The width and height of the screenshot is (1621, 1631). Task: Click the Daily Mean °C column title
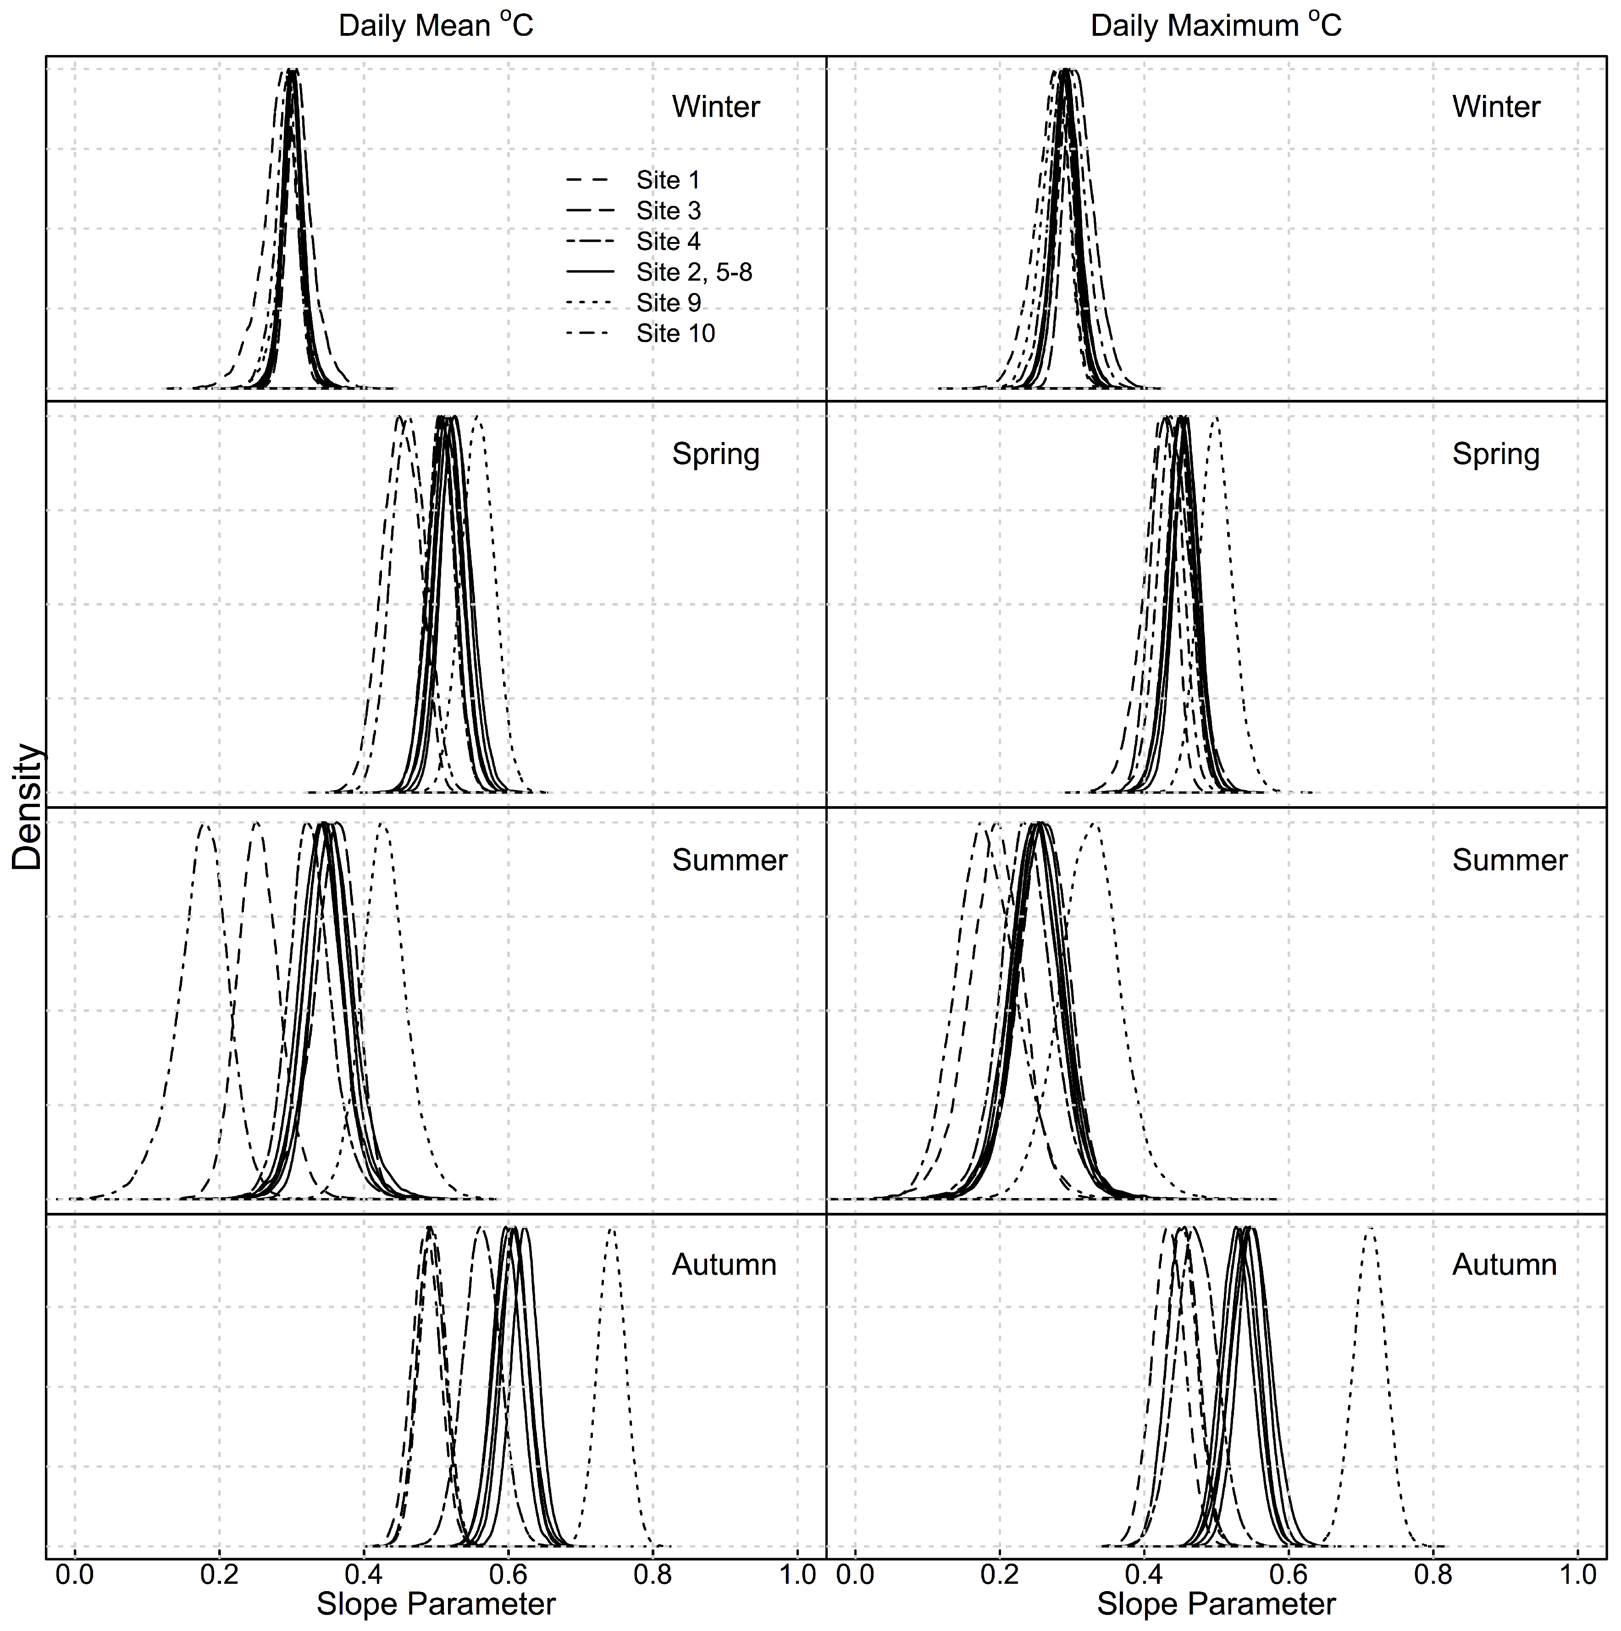[436, 26]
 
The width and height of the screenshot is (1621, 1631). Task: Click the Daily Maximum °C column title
[1216, 26]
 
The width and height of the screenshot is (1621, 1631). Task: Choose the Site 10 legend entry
[675, 333]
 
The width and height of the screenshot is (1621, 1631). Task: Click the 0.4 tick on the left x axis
[364, 1575]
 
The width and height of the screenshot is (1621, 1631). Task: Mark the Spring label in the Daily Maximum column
[1495, 454]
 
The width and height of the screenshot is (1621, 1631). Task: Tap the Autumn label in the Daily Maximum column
[1504, 1265]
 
